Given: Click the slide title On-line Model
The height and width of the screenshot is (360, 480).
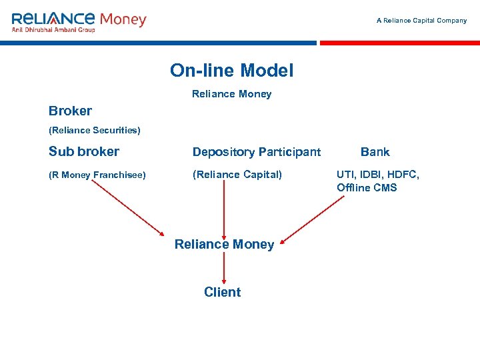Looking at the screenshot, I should coord(231,70).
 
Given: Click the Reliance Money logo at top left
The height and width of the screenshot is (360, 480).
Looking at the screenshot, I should coord(79,19).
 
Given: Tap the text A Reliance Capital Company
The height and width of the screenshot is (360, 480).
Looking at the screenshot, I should coord(421,21).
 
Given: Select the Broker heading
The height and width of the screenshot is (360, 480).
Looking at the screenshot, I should coord(70,111).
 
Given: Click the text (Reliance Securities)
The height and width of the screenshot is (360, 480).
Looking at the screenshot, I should coord(94,129).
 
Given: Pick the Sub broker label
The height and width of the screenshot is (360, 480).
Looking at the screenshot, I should coord(84,151).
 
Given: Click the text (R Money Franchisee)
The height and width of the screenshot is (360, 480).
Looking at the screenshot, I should coord(97,175).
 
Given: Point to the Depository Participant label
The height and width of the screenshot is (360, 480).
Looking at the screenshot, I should coord(257,152).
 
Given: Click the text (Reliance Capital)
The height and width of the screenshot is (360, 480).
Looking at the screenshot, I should coord(237,175).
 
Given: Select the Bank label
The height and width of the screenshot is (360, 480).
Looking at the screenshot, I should coord(375,152).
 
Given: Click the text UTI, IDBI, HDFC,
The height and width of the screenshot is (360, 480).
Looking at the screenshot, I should coord(378,175).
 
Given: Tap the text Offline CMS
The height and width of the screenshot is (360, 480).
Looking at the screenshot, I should coord(367,187).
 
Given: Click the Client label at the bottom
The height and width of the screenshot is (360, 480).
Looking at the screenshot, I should coord(223,292).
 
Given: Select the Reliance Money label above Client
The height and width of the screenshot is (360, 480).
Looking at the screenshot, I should coord(224,245).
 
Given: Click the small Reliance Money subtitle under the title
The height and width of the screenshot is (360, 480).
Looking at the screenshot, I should coord(231,94).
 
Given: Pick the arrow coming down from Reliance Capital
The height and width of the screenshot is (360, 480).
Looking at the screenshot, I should coord(224,207).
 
